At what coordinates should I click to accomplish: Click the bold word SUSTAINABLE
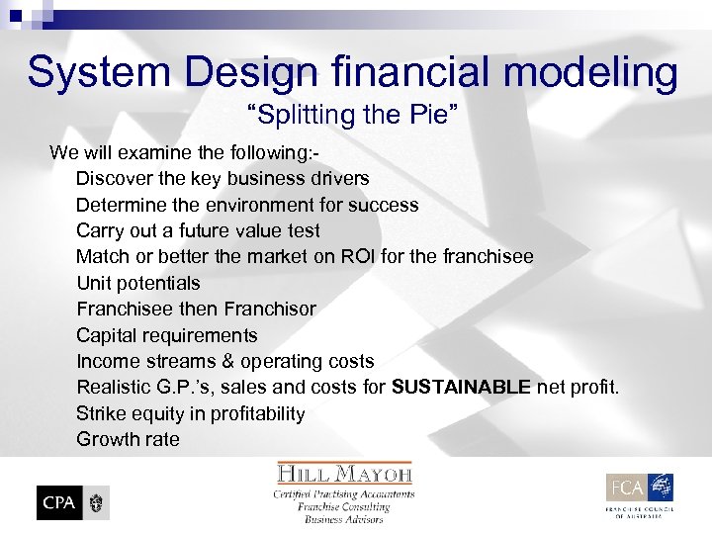(461, 387)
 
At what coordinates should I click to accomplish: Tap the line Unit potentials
(137, 283)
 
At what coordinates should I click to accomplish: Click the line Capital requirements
(166, 335)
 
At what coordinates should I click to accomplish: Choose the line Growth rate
(128, 439)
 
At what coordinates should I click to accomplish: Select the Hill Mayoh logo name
(344, 474)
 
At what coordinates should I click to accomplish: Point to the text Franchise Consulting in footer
(344, 506)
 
